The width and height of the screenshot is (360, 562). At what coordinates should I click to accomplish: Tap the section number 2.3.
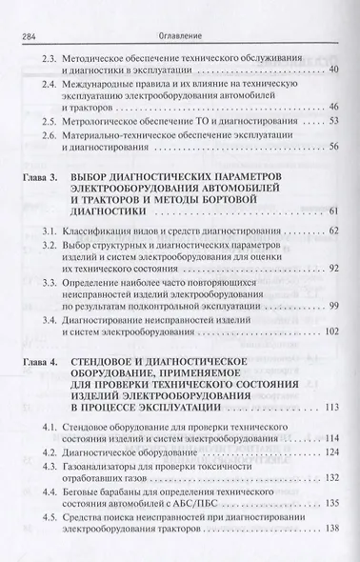coord(53,58)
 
